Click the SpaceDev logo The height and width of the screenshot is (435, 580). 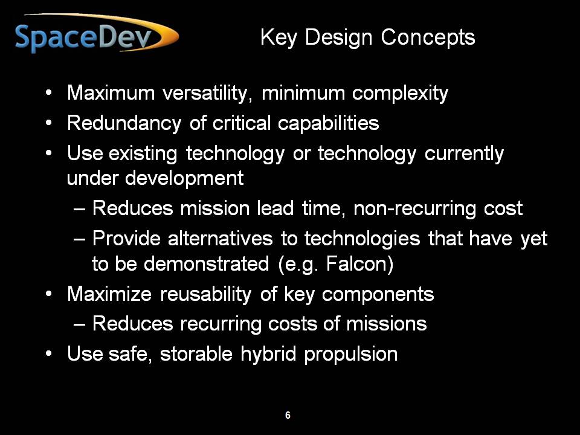coord(97,34)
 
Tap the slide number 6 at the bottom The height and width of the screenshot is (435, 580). coord(288,415)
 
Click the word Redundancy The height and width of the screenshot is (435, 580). coord(124,123)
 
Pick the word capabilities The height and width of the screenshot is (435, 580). coord(329,123)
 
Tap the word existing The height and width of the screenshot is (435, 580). coord(143,154)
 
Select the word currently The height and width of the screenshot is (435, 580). coord(464,154)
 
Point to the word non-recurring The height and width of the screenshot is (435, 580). coord(414,208)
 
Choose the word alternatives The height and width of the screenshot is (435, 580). coord(220,238)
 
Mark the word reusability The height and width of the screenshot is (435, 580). coord(205,295)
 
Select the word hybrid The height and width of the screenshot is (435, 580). coord(268,354)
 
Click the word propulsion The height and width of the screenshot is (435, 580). coord(350,355)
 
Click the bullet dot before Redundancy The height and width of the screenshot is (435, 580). coord(49,123)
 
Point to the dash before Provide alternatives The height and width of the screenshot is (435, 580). coord(80,239)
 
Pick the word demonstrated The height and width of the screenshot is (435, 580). coord(207,264)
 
